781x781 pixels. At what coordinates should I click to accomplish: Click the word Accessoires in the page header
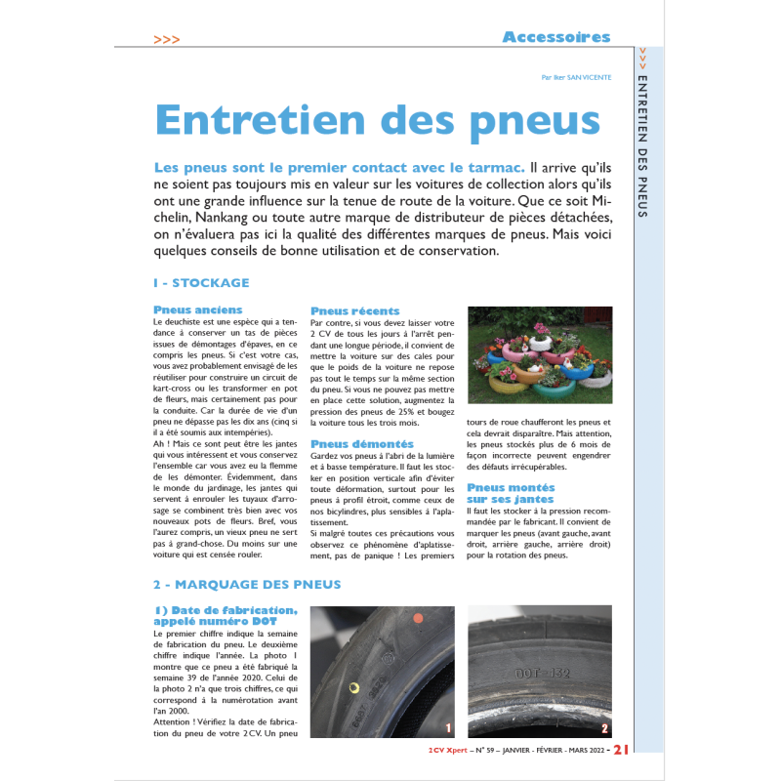[x=555, y=37]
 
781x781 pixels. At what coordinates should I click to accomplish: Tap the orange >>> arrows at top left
[x=167, y=39]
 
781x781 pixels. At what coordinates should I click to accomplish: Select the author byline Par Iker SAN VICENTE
[x=576, y=77]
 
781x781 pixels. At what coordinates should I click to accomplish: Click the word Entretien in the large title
[x=265, y=119]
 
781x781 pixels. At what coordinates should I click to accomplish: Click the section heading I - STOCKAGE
[x=201, y=283]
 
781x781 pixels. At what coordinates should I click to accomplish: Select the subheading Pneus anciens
[x=198, y=309]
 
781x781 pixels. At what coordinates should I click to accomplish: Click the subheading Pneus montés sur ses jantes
[x=511, y=493]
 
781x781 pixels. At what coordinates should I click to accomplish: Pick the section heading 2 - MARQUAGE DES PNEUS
[x=247, y=585]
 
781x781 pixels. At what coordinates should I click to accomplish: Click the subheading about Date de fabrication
[x=215, y=616]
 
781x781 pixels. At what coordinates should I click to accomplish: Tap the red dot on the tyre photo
[x=416, y=618]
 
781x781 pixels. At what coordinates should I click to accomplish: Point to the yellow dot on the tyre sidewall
[x=354, y=687]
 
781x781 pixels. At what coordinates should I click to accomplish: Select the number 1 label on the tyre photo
[x=448, y=728]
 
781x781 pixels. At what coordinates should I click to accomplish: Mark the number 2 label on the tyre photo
[x=604, y=728]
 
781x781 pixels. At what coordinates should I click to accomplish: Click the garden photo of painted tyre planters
[x=540, y=348]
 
